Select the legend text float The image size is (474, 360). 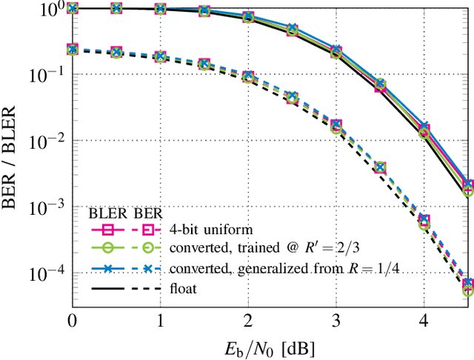click(182, 288)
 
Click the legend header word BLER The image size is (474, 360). click(106, 211)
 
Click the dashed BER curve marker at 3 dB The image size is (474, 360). click(336, 125)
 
